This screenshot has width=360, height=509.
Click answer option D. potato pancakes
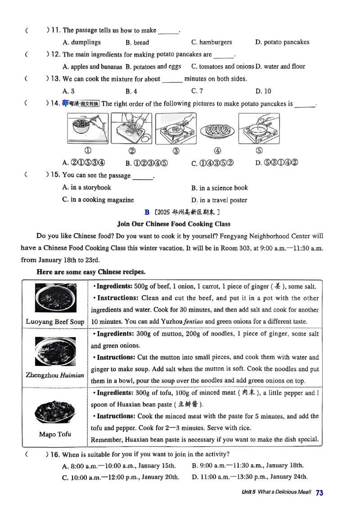pos(282,42)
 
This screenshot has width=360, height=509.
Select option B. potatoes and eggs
pos(153,67)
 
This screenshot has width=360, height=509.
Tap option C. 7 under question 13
pos(197,91)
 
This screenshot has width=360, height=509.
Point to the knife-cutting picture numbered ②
pos(131,128)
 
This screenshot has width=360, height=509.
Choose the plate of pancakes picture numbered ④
pos(217,130)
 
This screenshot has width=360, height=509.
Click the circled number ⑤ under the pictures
pos(259,151)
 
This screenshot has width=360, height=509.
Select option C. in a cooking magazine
pos(98,200)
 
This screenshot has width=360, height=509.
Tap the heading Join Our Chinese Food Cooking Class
pos(174,223)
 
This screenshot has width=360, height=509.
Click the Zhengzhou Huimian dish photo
pos(54,352)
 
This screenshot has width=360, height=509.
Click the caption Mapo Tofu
pos(55,434)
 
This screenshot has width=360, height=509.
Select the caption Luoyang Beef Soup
pos(55,321)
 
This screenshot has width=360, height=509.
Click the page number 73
pos(319,493)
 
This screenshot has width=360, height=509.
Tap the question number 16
pos(55,454)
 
